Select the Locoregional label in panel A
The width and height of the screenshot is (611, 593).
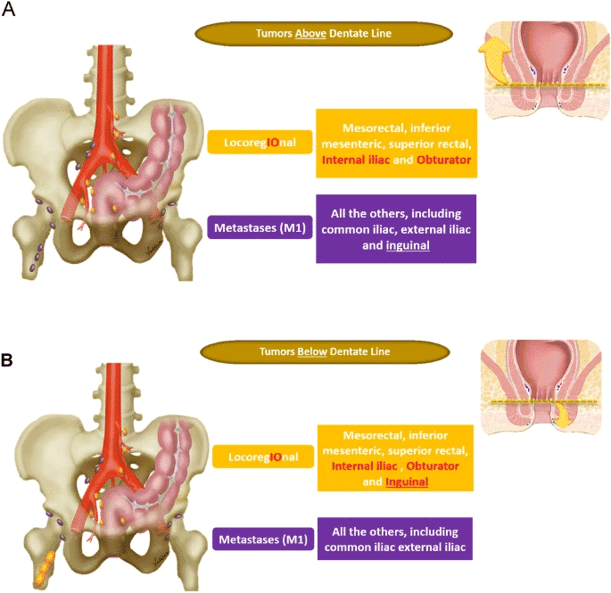tap(255, 142)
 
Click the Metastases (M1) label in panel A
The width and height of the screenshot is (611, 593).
tap(257, 226)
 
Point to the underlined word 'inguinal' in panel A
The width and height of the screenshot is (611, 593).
tap(408, 245)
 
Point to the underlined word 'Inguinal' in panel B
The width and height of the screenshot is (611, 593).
tap(407, 482)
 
